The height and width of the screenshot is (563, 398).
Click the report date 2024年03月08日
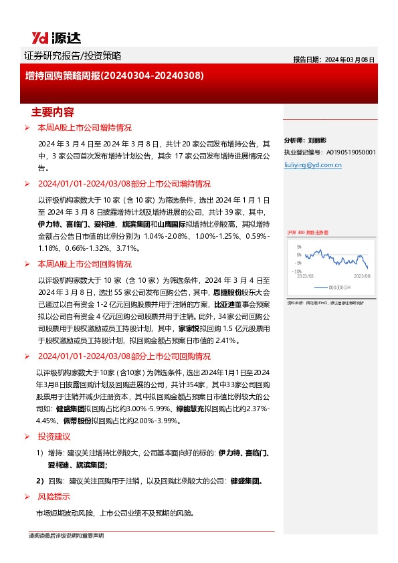pyautogui.click(x=350, y=59)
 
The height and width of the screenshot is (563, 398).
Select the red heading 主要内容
pyautogui.click(x=53, y=111)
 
